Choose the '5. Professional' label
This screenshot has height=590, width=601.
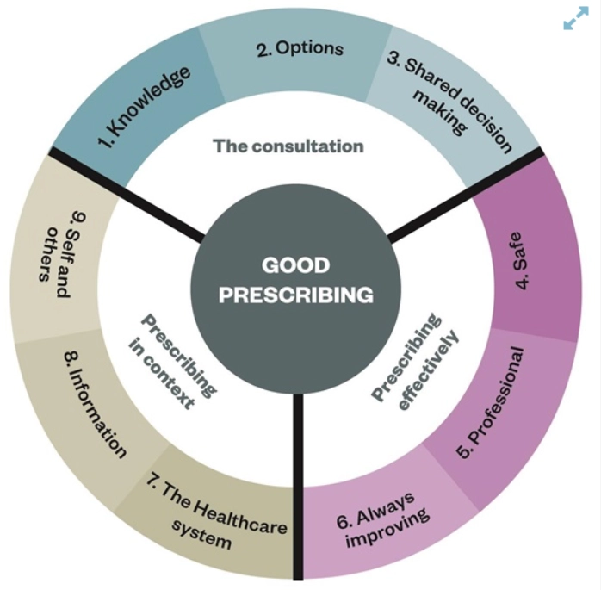[490, 402]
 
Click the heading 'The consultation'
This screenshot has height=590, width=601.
[288, 146]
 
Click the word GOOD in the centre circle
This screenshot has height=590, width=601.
[295, 265]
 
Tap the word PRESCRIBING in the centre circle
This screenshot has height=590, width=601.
[295, 295]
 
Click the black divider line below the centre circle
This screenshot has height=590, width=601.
[299, 482]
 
